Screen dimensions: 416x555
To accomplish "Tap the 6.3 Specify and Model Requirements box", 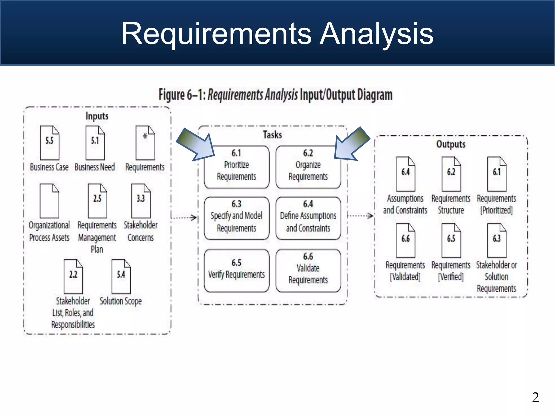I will tap(237, 218).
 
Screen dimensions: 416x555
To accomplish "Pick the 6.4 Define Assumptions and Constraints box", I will tap(308, 218).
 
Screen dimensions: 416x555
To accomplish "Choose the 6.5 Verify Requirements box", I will tap(237, 271).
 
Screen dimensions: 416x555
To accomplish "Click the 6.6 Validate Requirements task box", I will tap(308, 271).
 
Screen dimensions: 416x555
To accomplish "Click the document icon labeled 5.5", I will tap(50, 143).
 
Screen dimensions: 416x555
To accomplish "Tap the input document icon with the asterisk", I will tap(145, 143).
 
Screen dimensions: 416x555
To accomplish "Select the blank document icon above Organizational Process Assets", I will tap(49, 201).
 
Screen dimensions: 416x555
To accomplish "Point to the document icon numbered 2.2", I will tap(73, 276).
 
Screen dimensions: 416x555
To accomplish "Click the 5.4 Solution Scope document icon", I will tap(121, 276).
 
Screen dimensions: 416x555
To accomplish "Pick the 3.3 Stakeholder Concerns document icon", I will tap(141, 201).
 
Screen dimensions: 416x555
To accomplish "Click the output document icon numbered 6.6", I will tap(405, 240).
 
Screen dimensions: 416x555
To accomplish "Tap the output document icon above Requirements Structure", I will tap(451, 174).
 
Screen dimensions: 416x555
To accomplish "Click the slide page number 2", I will tap(535, 397).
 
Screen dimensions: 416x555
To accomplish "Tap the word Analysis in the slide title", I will tap(376, 34).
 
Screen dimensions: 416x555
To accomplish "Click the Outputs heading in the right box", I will tap(451, 144).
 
